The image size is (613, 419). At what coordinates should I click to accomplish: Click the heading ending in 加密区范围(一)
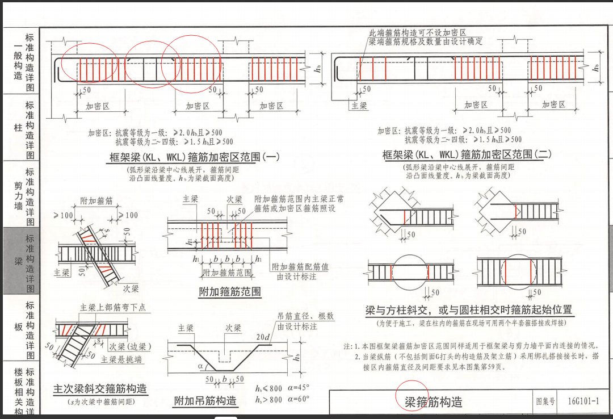(x=193, y=157)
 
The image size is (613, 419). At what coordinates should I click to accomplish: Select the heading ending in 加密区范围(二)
(x=467, y=154)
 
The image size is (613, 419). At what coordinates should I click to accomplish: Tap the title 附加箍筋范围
(x=230, y=292)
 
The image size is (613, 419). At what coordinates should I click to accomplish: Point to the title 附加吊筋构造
(x=205, y=400)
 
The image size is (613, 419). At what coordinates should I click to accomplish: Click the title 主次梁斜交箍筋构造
(x=100, y=389)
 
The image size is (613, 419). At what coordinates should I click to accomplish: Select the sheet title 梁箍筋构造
(x=433, y=402)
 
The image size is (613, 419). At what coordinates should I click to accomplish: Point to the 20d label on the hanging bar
(x=263, y=337)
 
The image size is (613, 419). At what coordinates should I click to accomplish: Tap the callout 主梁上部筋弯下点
(x=112, y=307)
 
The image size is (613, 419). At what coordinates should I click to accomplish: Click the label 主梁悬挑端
(x=121, y=359)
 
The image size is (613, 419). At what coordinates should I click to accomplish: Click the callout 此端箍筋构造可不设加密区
(x=417, y=33)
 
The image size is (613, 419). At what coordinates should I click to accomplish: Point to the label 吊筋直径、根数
(x=305, y=316)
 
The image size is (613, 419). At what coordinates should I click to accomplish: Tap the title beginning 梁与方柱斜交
(x=469, y=311)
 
